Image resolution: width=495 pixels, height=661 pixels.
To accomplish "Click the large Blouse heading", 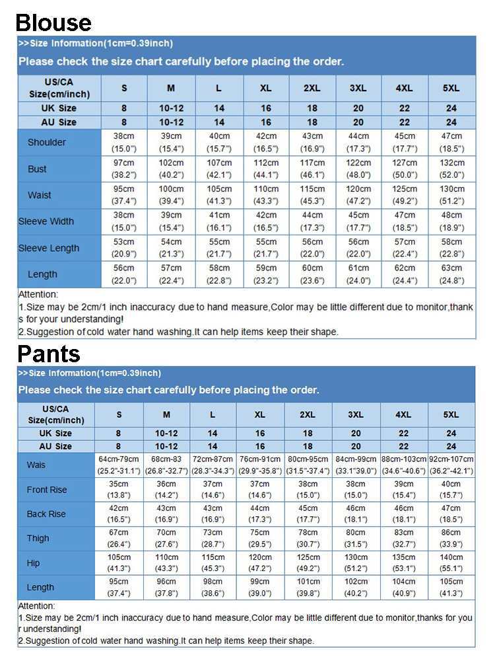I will point(53,22).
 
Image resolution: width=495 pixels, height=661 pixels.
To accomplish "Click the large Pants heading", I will point(48,353).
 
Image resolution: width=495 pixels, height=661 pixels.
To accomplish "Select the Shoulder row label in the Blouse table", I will point(47,142).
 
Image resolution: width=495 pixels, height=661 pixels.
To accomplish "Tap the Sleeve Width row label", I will point(46,221).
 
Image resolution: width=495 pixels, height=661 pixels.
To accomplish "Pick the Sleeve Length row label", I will point(48,248).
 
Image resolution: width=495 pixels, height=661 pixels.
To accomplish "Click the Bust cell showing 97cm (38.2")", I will point(124,169).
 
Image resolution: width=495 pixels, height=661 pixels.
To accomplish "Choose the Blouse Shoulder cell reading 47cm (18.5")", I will point(451,142).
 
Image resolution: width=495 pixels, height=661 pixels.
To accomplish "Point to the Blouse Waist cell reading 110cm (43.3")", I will point(265,195).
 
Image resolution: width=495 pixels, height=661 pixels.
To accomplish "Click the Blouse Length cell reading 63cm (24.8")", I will point(451,274).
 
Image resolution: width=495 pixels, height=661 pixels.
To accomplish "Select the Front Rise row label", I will point(47,490).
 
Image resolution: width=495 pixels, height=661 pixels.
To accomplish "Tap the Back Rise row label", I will point(46,514).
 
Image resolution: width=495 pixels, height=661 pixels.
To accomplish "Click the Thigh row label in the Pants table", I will point(38,538).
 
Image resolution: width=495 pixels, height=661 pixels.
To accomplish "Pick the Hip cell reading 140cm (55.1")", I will point(451,563).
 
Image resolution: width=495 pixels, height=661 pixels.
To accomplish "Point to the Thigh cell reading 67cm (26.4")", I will point(119,538).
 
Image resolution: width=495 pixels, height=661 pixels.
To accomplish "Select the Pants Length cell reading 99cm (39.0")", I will point(260,587).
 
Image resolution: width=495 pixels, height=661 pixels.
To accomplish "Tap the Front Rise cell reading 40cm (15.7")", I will point(451,490).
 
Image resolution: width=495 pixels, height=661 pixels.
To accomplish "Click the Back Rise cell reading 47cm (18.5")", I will point(451,514).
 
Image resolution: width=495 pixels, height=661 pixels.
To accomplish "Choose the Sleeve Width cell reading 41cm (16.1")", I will point(219,221).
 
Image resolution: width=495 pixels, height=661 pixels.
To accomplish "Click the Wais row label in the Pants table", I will point(36,465).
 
